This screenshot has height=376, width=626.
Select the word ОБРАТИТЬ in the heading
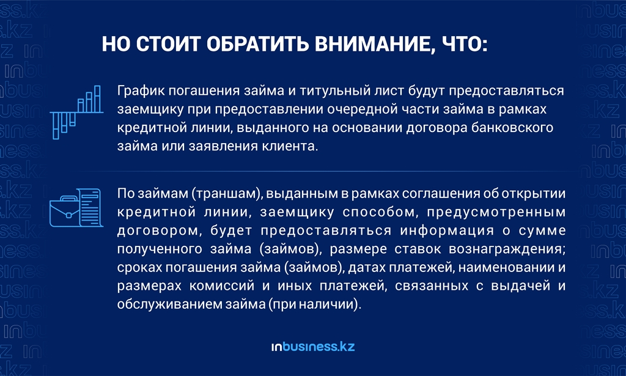coord(257,43)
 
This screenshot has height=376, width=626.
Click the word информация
coord(447,230)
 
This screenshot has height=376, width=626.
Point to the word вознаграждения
coord(507,249)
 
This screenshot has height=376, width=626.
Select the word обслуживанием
coord(170,304)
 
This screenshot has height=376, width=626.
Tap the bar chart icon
coord(76,112)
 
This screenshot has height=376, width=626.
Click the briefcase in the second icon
coord(65,211)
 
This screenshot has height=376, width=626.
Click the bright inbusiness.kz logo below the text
coord(313,347)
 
